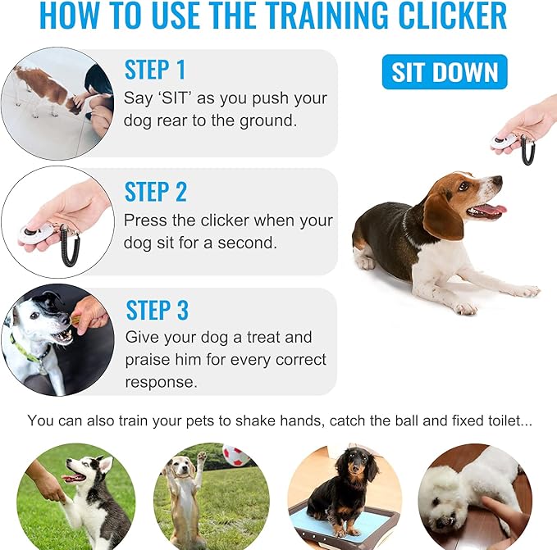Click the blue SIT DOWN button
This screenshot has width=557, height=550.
[x=445, y=72]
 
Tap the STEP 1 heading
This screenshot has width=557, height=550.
[x=155, y=70]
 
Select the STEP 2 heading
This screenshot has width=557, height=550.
[x=155, y=192]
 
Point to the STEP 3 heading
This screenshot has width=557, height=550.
[x=157, y=311]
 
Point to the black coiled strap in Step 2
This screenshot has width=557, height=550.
[x=71, y=244]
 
